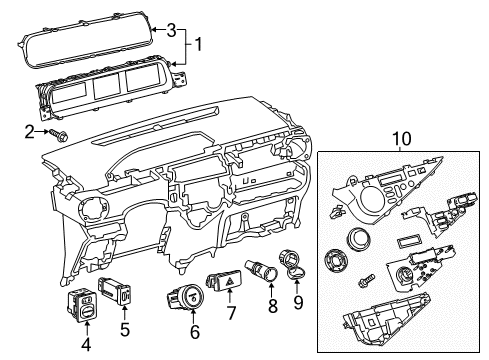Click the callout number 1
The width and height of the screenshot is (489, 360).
point(198,44)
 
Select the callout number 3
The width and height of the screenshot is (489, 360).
point(171,28)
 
